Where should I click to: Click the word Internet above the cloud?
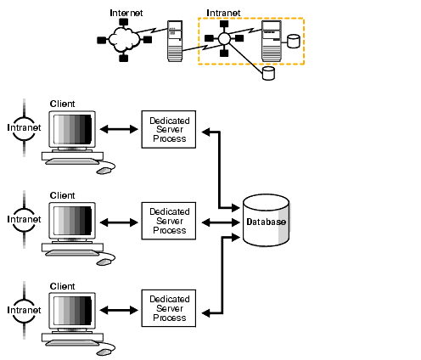126,14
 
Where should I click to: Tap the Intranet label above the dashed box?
222,14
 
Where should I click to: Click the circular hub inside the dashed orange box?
224,39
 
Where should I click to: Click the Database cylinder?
266,222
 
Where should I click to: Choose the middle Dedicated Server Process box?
167,221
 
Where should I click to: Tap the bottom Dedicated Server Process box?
167,308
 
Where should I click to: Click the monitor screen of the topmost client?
71,130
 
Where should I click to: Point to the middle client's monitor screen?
71,222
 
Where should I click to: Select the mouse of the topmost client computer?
104,170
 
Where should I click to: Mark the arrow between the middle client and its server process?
118,222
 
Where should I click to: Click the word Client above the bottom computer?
63,287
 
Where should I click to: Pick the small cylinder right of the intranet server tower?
295,41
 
